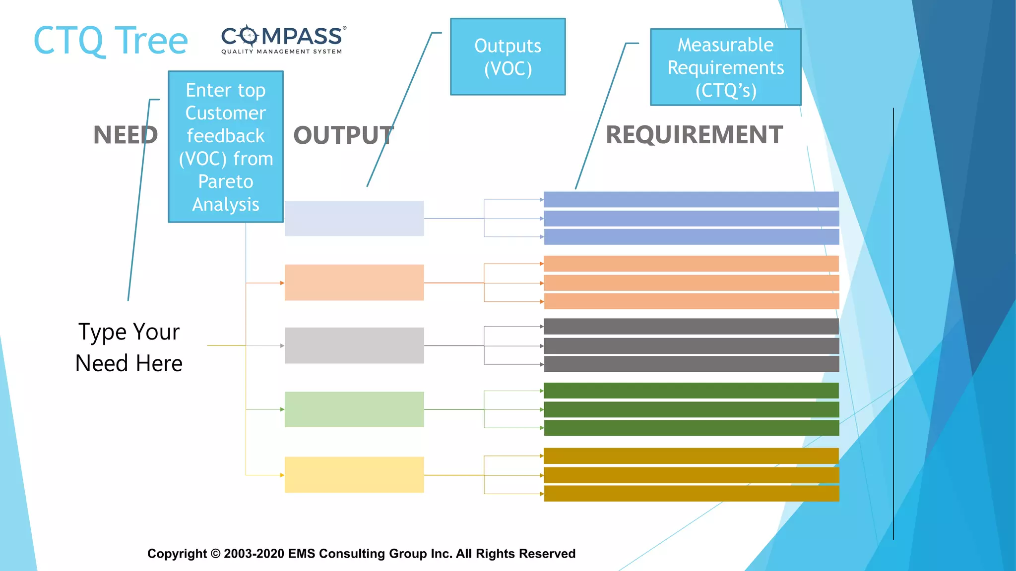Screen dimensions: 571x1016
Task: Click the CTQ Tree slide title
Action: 110,41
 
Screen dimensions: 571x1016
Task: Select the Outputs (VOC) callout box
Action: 508,57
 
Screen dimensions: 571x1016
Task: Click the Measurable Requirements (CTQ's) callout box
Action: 725,67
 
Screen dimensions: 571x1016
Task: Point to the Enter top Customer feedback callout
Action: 226,147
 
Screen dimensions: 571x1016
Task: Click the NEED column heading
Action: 126,135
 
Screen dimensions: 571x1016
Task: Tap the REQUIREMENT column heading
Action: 694,135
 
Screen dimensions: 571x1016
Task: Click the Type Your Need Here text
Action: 129,347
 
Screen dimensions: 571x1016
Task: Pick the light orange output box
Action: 354,283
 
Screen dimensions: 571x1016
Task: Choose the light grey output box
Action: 354,345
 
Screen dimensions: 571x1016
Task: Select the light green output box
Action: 354,409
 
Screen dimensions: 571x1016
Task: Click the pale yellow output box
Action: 354,475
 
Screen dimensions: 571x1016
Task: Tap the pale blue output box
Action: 354,219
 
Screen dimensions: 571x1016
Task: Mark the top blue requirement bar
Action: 691,199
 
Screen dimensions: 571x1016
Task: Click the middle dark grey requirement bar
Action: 691,345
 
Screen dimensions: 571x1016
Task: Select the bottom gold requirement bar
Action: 691,494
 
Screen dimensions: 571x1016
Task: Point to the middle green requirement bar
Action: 691,409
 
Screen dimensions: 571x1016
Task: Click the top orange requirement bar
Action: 691,264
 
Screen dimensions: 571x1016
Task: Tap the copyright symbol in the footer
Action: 215,554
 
